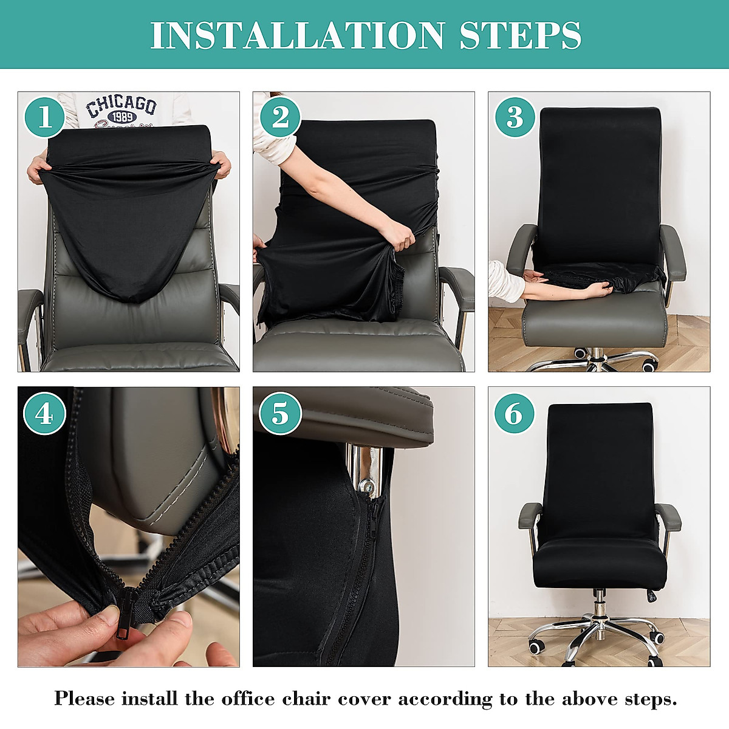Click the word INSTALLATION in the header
[x=298, y=35]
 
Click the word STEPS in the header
[x=521, y=35]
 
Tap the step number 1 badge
[x=44, y=117]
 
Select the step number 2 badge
[x=280, y=117]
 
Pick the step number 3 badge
[x=515, y=117]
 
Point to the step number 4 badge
[x=44, y=414]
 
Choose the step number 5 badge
[x=280, y=414]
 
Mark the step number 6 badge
[x=514, y=414]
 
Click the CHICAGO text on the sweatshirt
[x=122, y=106]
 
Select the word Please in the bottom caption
[x=84, y=699]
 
